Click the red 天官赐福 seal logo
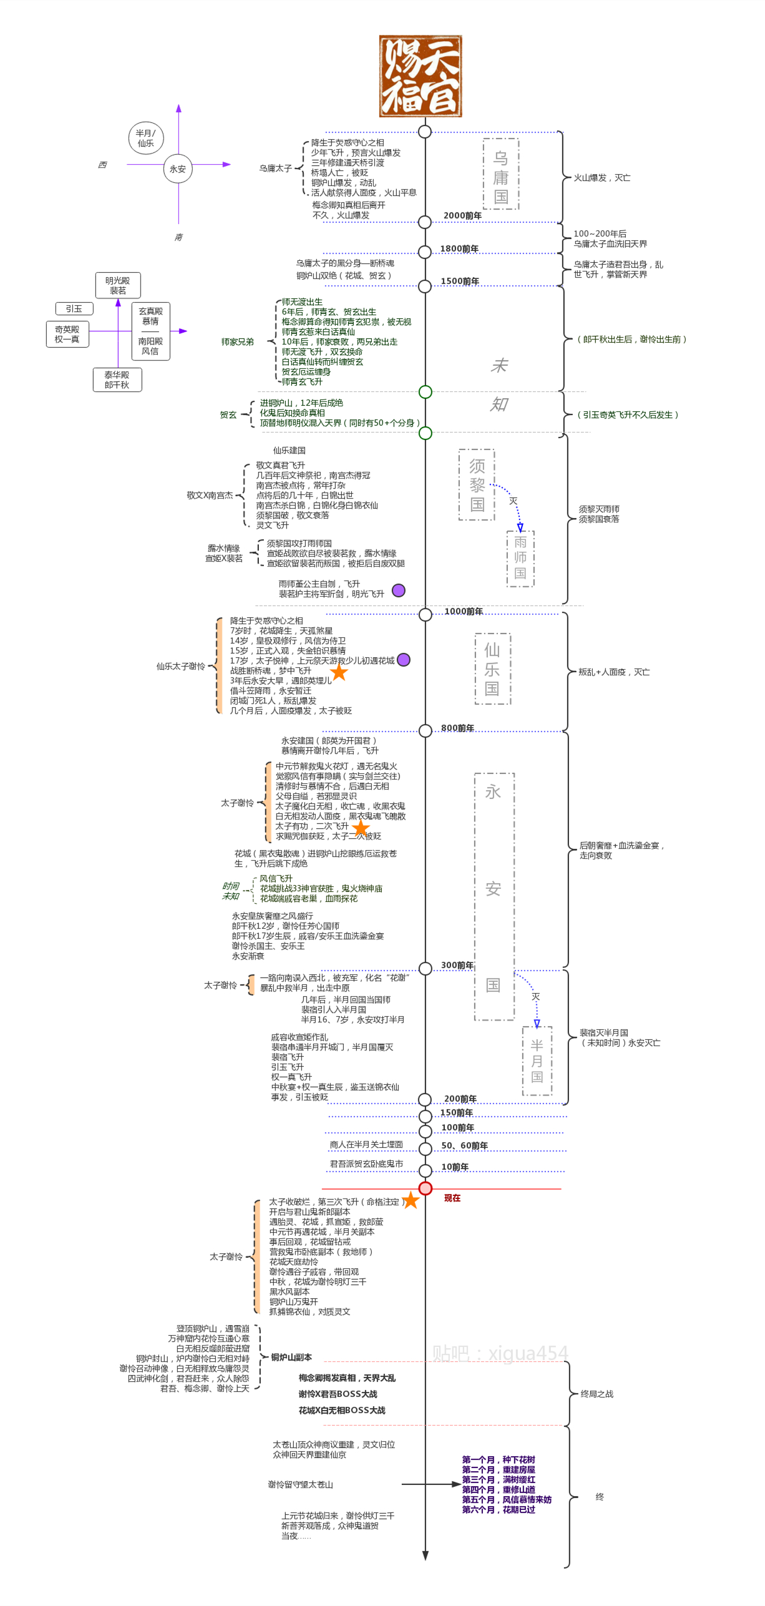(x=420, y=76)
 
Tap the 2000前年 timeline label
(x=462, y=215)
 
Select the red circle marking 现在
(x=426, y=1188)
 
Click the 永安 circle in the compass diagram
(x=178, y=169)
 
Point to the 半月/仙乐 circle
(x=146, y=138)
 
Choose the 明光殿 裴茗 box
(x=118, y=285)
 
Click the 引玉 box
(x=74, y=308)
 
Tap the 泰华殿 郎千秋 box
(x=117, y=379)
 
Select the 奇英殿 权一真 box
(x=67, y=334)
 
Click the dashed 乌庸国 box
(x=500, y=174)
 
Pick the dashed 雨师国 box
(x=520, y=558)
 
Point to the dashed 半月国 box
(x=537, y=1060)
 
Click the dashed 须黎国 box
(x=477, y=485)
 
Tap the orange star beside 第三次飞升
(x=411, y=1200)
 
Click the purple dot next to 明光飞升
(x=398, y=590)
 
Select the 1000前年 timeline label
(x=464, y=611)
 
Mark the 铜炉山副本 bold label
(x=291, y=1357)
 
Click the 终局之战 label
(x=597, y=1394)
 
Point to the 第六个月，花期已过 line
(x=498, y=1509)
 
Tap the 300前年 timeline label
(x=457, y=965)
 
